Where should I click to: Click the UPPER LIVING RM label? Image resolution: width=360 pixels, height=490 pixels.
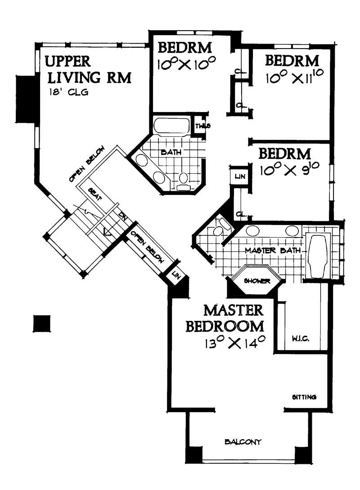click(88, 69)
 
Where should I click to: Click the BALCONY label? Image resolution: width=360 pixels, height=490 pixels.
click(243, 442)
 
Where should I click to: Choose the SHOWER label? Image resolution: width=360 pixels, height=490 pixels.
click(256, 282)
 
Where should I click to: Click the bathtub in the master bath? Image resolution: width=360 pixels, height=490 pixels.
click(318, 255)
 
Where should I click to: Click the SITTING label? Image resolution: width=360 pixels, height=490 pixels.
click(305, 397)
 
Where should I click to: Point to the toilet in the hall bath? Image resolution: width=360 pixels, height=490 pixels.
click(184, 180)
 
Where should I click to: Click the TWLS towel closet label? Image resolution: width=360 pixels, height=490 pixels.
click(201, 126)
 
